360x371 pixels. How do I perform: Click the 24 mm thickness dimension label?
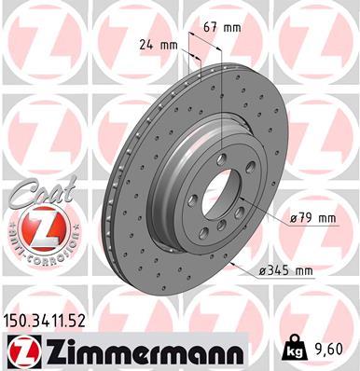[x=159, y=43]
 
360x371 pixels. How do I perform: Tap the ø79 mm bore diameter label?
[x=312, y=218]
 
